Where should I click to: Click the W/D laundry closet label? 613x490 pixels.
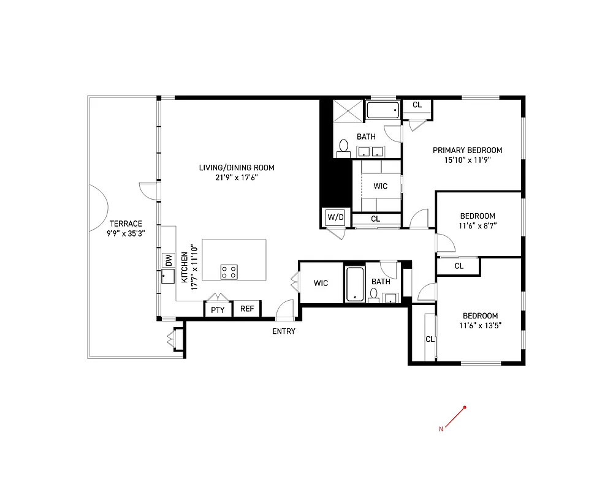click(x=335, y=217)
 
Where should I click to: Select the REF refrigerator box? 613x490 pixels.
click(x=246, y=309)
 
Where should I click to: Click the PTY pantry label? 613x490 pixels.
click(x=218, y=310)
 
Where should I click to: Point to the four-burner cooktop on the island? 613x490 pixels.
click(x=229, y=271)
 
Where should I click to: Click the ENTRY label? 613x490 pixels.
click(x=284, y=331)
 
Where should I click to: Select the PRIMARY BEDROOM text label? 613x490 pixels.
click(x=467, y=150)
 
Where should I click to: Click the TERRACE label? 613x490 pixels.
click(x=126, y=224)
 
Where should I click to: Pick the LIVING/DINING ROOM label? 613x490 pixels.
click(x=237, y=167)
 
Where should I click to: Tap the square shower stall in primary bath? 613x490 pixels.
click(x=349, y=111)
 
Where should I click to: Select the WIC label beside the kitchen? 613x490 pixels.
click(x=321, y=283)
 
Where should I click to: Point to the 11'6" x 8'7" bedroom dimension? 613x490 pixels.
click(x=478, y=225)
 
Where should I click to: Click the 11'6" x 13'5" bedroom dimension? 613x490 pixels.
click(x=479, y=326)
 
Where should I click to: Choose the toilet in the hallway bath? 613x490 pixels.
click(x=373, y=295)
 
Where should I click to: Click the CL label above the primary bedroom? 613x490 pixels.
click(x=417, y=105)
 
